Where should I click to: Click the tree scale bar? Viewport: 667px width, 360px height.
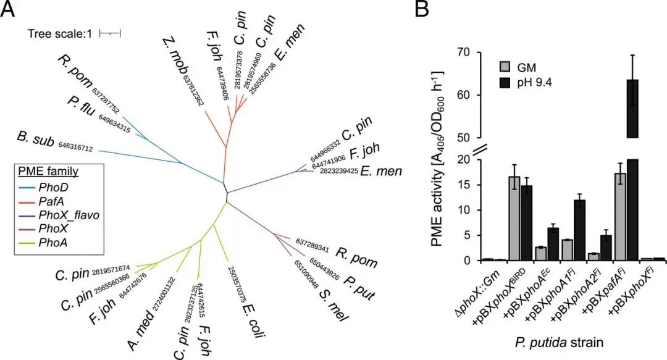point(109,33)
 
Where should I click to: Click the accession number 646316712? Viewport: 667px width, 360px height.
point(75,148)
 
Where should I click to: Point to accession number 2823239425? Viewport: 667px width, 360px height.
point(338,171)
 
